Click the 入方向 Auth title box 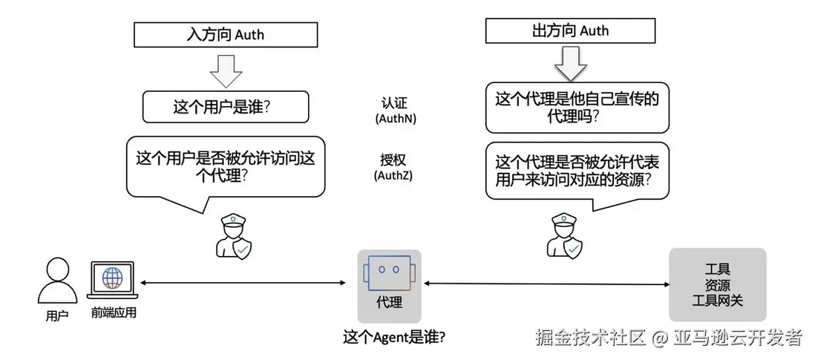pyautogui.click(x=225, y=34)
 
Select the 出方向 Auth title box pyautogui.click(x=570, y=30)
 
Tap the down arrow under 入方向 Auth pyautogui.click(x=226, y=69)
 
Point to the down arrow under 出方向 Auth pyautogui.click(x=570, y=63)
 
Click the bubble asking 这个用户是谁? pyautogui.click(x=225, y=107)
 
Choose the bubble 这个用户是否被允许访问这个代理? pyautogui.click(x=225, y=166)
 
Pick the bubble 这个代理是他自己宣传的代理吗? pyautogui.click(x=577, y=107)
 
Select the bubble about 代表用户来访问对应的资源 pyautogui.click(x=577, y=170)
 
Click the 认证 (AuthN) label pyautogui.click(x=393, y=111)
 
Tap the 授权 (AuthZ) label pyautogui.click(x=393, y=167)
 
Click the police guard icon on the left pyautogui.click(x=233, y=236)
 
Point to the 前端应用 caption pyautogui.click(x=114, y=313)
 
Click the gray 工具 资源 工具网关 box pyautogui.click(x=717, y=284)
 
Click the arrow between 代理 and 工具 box pyautogui.click(x=545, y=284)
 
